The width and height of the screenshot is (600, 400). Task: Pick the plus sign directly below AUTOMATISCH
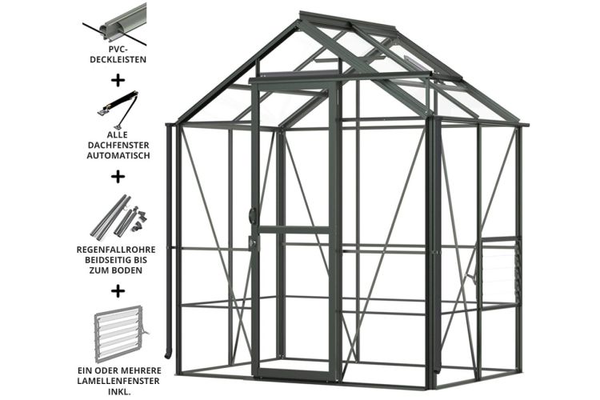click(118, 174)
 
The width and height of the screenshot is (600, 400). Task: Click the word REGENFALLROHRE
click(118, 250)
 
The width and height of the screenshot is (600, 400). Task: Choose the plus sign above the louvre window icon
click(118, 290)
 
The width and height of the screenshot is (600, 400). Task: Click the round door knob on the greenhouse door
click(252, 214)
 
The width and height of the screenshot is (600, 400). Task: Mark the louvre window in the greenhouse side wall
click(502, 268)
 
